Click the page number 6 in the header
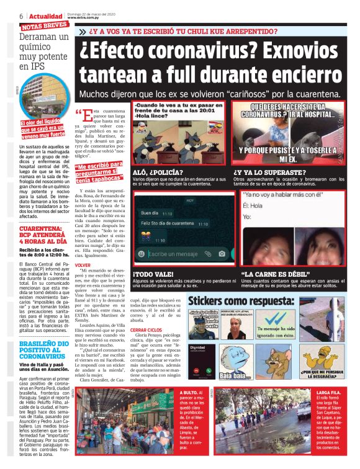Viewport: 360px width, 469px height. tap(22, 15)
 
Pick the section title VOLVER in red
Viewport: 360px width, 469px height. tap(83, 264)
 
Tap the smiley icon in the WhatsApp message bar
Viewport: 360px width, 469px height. tap(142, 254)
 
